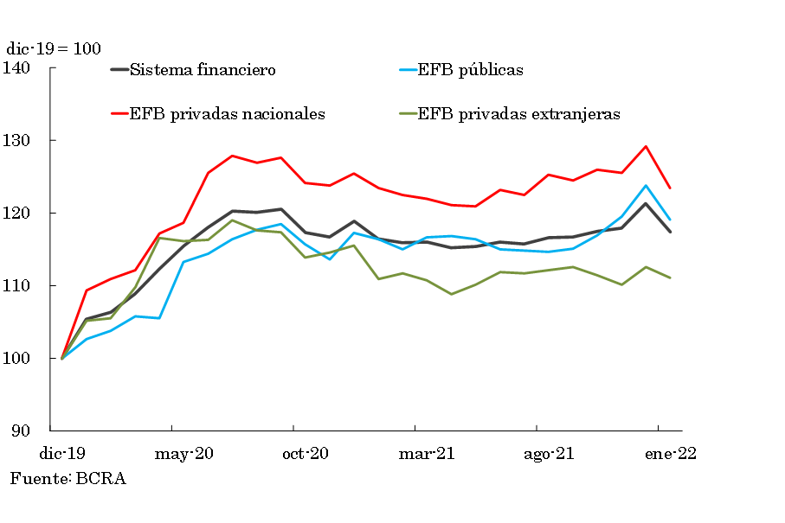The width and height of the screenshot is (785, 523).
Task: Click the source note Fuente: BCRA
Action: pos(68,478)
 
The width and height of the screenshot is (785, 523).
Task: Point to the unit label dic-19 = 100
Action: pos(53,49)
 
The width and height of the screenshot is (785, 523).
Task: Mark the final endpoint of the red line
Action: pos(670,188)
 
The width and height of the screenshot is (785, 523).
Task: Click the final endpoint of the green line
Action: pos(670,277)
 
